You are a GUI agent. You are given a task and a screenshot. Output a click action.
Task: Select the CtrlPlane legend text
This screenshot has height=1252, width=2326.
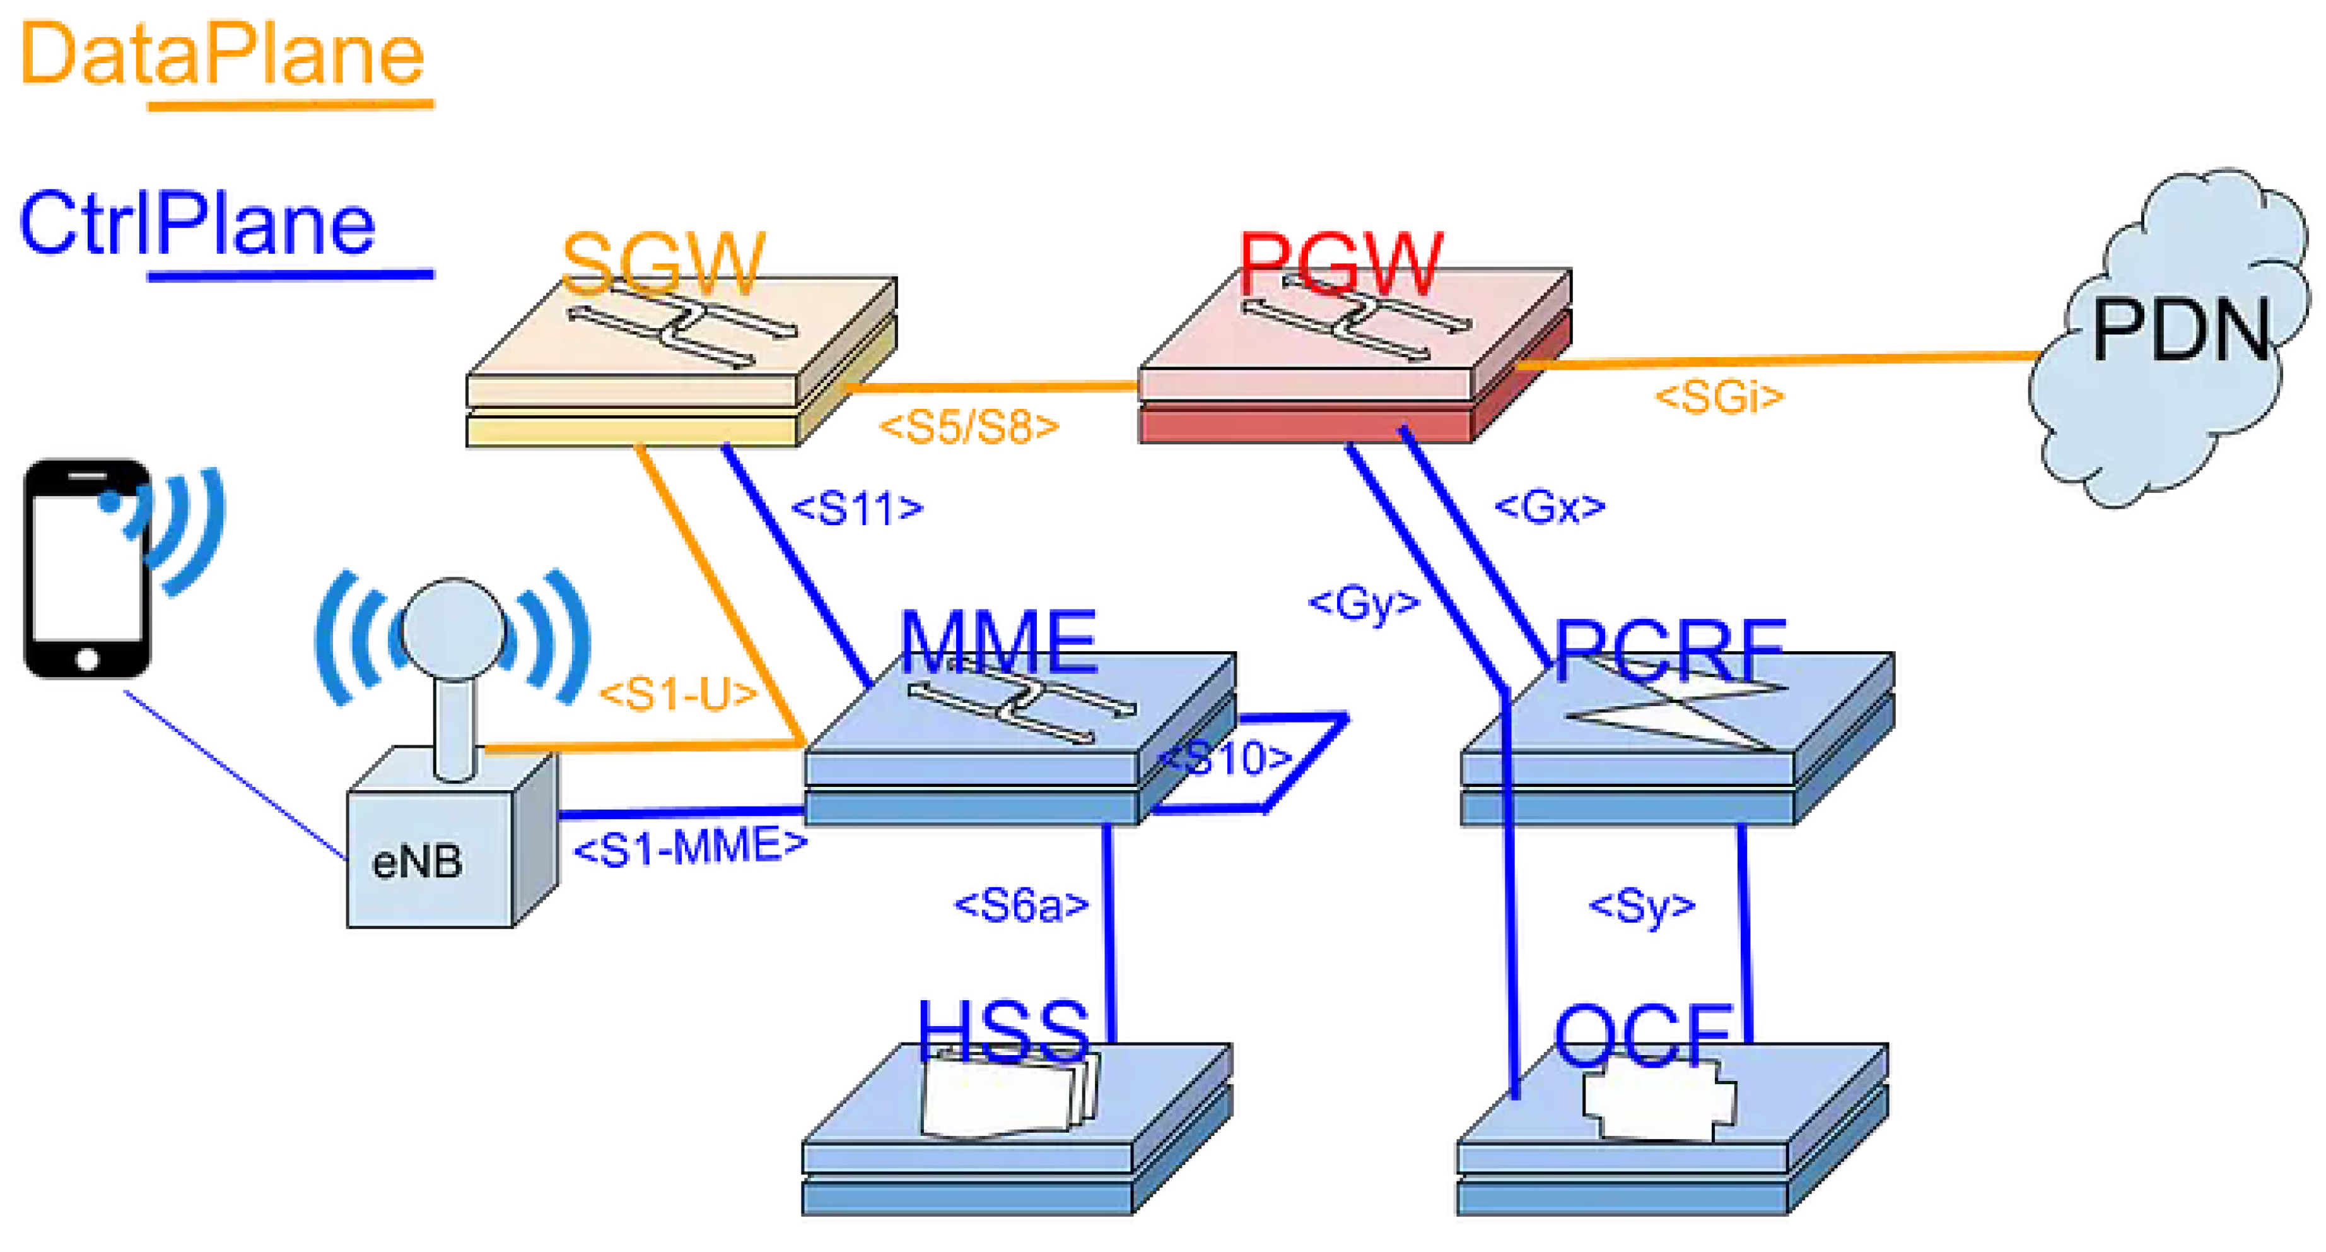[197, 224]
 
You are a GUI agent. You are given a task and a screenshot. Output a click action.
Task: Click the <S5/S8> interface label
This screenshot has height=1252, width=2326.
[969, 427]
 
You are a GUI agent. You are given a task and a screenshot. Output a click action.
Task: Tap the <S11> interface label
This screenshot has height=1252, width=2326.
[857, 509]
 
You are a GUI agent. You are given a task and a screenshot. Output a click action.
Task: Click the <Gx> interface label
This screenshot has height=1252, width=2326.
[1550, 507]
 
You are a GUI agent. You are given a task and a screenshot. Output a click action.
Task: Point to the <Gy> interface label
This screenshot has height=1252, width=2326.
[1364, 603]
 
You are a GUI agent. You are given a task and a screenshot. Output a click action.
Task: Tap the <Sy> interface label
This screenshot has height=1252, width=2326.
[1642, 906]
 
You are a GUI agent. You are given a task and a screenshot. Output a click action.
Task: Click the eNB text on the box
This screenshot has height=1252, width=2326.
[417, 863]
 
